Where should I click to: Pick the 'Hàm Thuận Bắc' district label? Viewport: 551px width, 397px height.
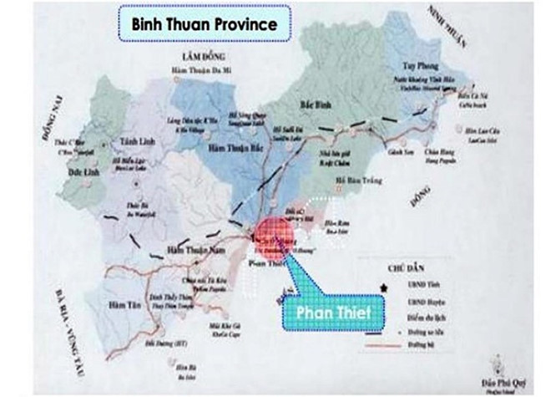(x=228, y=147)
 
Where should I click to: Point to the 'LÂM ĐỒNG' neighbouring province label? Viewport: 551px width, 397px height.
(x=193, y=54)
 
